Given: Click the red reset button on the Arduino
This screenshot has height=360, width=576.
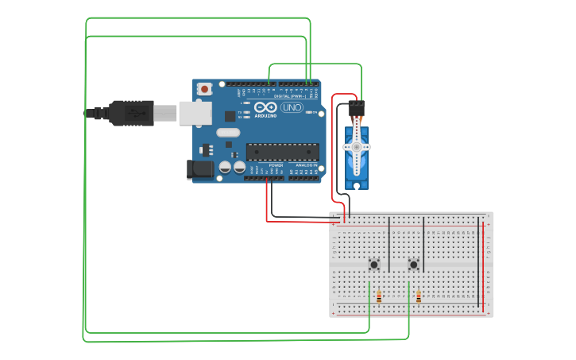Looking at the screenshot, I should coord(205,89).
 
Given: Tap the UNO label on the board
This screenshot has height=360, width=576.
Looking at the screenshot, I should coord(292,107).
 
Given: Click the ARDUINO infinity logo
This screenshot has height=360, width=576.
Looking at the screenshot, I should coord(266,106).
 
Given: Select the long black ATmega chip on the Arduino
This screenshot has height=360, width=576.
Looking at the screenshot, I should coord(282,151).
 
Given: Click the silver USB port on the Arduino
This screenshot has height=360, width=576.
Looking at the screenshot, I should coord(195,113).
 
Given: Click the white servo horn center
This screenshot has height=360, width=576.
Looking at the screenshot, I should coord(357,148).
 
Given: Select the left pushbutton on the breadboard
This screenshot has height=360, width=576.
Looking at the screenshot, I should coord(373,265).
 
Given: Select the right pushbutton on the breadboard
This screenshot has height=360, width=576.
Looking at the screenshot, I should coord(413,265).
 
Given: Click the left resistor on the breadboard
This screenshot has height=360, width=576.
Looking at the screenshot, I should coord(379,297).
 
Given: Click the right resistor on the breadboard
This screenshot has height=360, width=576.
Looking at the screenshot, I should coord(419,297).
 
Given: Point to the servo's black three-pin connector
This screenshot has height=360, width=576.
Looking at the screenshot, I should coord(357,105).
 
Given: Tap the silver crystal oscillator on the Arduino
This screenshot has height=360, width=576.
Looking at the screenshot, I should coord(227,133).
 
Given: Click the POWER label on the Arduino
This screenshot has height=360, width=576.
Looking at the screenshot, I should coord(276,165).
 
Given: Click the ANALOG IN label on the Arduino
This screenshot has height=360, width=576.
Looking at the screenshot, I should coord(306,165).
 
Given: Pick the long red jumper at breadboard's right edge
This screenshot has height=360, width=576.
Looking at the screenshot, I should coord(480,262).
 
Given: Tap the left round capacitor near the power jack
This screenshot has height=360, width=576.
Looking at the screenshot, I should coord(226,167).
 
